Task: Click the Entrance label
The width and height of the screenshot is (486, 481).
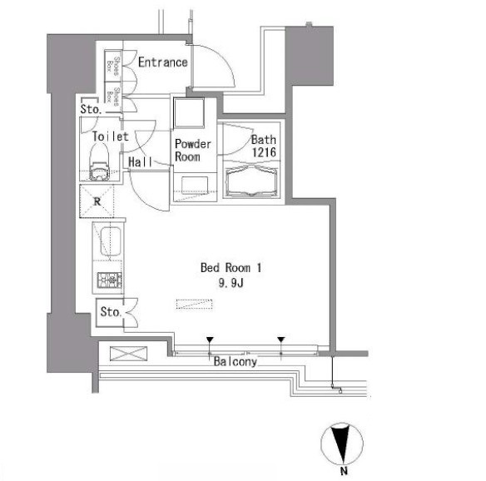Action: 163,62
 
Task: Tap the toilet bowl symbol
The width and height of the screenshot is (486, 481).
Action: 99,163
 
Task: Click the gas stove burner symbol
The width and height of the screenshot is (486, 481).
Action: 109,280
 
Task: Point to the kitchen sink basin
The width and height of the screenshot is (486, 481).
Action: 110,241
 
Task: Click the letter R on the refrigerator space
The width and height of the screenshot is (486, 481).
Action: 97,201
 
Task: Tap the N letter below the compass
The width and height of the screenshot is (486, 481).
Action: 344,471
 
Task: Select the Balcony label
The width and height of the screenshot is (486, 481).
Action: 236,361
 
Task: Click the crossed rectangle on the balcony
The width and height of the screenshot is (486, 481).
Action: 128,354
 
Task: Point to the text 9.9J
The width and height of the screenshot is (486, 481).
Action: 231,283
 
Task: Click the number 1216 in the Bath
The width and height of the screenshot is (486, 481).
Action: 264,152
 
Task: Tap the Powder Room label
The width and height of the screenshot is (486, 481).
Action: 193,150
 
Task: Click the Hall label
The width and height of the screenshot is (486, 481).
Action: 141,161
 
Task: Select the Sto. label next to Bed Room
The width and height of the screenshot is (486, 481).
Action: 111,311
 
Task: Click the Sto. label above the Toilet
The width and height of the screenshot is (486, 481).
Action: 91,109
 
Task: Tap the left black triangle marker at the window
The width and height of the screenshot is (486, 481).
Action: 210,340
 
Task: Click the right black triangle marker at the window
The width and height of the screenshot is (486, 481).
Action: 281,340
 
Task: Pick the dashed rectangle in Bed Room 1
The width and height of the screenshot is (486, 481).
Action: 195,305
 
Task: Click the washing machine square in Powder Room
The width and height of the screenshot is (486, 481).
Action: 189,113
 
